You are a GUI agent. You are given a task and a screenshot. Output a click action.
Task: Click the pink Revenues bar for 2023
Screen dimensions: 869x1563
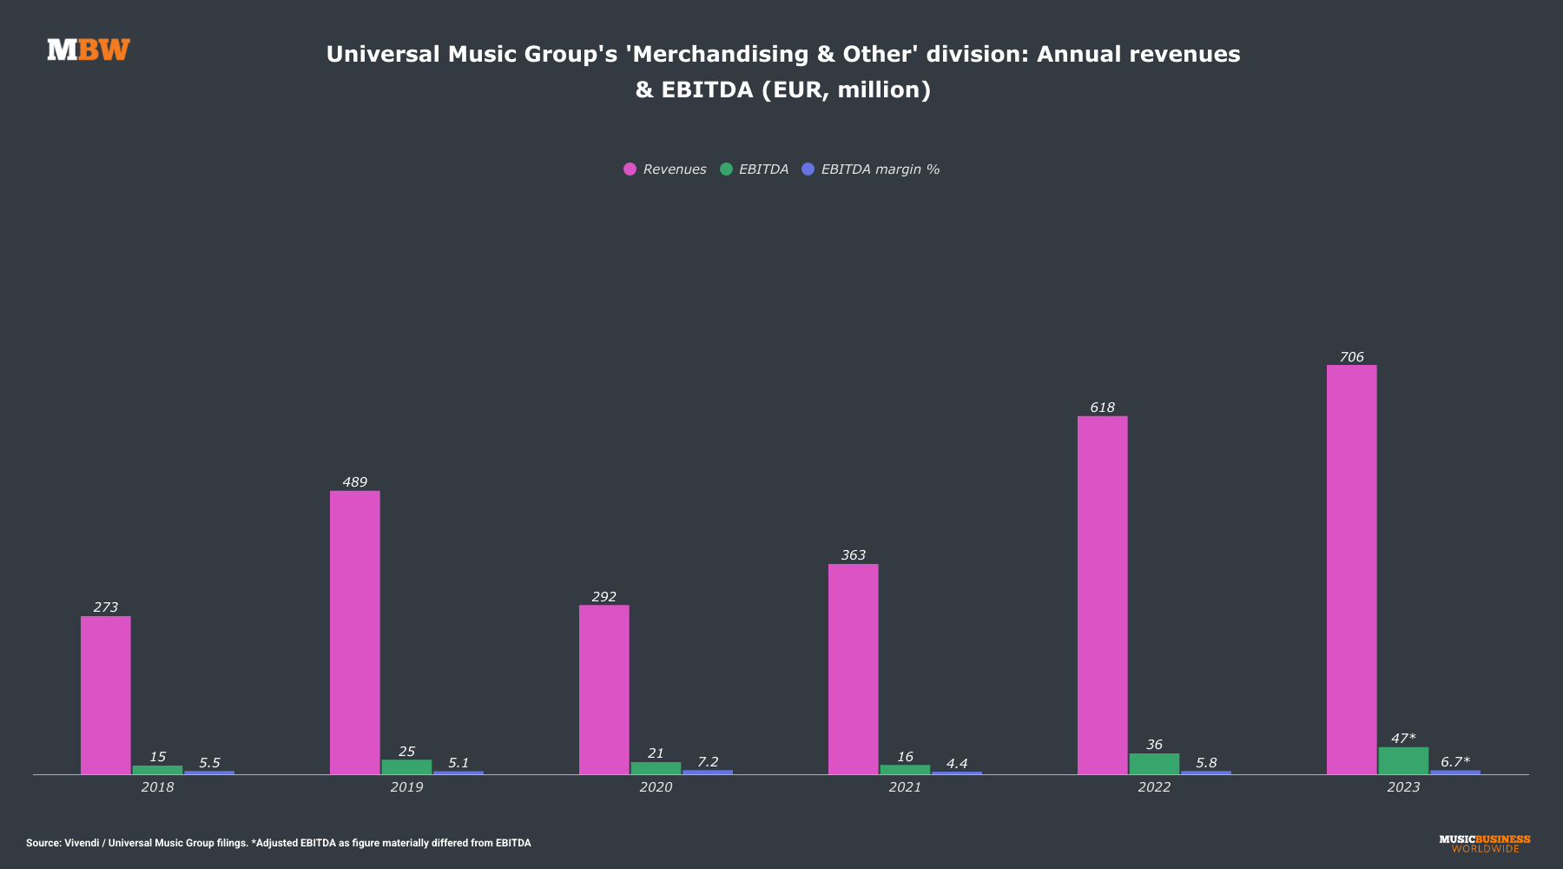tap(1351, 569)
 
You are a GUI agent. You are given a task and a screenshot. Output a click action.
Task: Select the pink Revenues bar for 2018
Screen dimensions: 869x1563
tap(106, 695)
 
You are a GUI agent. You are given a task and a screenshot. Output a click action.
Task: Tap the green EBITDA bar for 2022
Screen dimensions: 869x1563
tap(1154, 764)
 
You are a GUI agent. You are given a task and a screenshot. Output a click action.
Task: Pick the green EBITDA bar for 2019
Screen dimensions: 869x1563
tap(406, 767)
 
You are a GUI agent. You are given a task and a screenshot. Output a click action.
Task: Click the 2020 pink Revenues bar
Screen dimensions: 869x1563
tap(603, 689)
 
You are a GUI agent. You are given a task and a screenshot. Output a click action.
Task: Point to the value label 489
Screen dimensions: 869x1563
tap(354, 482)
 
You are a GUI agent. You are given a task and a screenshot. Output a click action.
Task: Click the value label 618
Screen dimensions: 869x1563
tap(1102, 408)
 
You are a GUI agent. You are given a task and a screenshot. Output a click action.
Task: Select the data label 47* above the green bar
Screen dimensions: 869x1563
tap(1402, 739)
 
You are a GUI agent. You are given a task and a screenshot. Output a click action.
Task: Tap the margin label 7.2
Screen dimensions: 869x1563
tap(708, 762)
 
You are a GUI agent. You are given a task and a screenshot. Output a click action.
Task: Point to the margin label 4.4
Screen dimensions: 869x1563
tap(956, 764)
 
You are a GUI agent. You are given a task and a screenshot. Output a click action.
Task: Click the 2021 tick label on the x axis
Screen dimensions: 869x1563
tap(905, 787)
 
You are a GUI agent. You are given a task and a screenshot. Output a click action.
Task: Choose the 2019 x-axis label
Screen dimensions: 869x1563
tap(406, 787)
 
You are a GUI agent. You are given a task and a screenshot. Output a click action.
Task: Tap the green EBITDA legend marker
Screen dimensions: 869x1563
tap(726, 169)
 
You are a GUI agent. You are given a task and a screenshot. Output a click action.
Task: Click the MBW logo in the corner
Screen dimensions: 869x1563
tap(89, 50)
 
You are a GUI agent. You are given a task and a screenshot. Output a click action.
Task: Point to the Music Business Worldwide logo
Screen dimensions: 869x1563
tap(1485, 844)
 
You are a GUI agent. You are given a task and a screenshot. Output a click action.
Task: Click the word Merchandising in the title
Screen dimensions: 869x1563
tap(717, 54)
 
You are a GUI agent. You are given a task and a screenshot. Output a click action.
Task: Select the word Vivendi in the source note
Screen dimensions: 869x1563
tap(82, 843)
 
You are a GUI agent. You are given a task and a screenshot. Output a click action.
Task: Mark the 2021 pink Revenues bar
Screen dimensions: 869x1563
tap(853, 669)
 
